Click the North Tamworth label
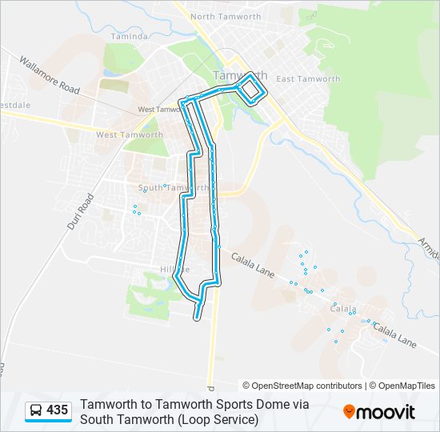225,16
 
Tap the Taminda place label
129,37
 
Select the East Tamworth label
308,79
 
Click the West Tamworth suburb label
129,134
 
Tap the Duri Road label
81,212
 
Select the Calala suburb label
343,308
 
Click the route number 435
58,410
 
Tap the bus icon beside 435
37,410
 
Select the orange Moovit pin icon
350,411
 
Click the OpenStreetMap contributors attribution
302,386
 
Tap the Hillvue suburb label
175,270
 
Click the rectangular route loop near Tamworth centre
252,88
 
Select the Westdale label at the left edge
15,105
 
